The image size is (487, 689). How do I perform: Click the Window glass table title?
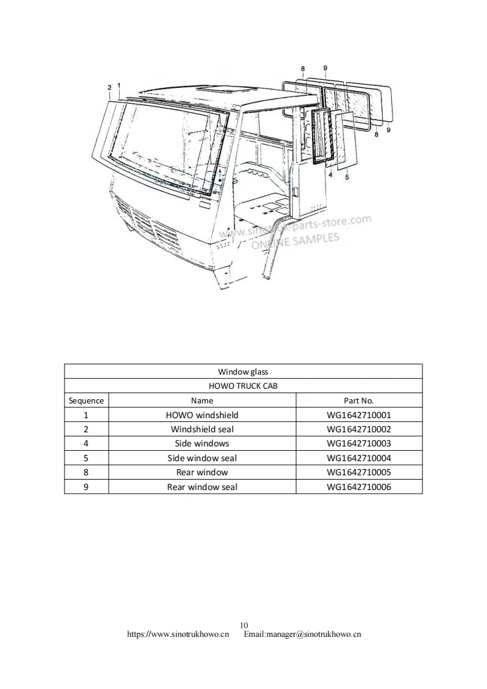pos(243,372)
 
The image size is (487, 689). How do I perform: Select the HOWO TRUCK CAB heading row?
pos(243,386)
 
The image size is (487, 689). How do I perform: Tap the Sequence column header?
pos(86,400)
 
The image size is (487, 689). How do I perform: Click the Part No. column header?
pos(359,400)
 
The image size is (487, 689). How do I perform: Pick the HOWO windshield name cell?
pos(202,415)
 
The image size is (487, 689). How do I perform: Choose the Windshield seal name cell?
pos(202,429)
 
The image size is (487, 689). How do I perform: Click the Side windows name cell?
pos(202,443)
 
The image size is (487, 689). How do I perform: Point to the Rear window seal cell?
pos(202,487)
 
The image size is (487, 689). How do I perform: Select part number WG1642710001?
pos(359,415)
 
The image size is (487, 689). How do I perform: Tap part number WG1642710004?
pos(359,458)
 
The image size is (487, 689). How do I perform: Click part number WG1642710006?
pos(359,487)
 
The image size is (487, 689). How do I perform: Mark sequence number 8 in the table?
pos(86,472)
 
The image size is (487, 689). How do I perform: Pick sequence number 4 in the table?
pos(86,443)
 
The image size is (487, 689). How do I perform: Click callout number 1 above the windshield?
pos(119,85)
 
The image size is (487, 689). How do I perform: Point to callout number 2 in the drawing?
pos(109,87)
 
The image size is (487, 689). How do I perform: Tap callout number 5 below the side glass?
pos(347,178)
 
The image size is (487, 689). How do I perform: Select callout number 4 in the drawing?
pos(330,175)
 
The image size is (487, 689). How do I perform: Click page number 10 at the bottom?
pos(244,626)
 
